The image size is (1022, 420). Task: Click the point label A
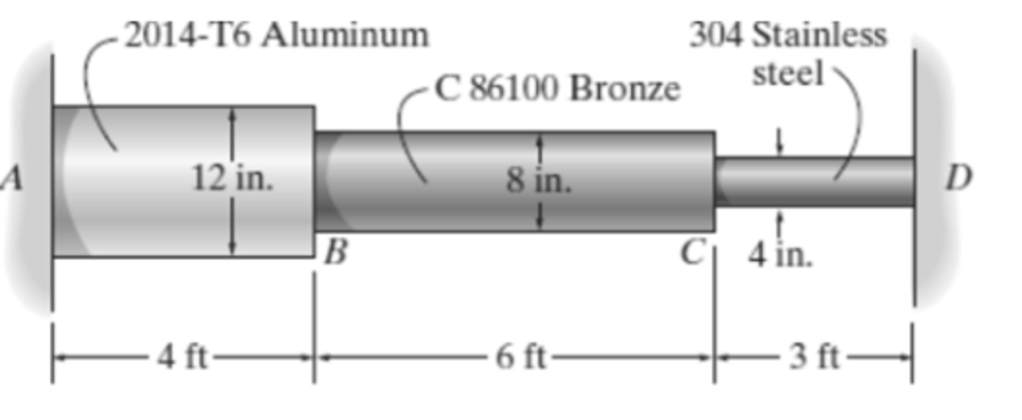coord(12,178)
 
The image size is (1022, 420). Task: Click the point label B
coord(336,251)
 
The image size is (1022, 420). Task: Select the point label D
coord(959,178)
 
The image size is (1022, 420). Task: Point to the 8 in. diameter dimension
coord(538,180)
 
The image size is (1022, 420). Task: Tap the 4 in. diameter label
coord(780,256)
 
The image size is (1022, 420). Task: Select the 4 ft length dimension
coord(182,358)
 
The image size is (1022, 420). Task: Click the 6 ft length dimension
coord(520,358)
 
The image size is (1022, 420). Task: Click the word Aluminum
coord(345,36)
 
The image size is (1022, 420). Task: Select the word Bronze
coord(625,89)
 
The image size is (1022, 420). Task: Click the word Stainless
coord(819,36)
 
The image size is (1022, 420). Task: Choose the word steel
coord(787,73)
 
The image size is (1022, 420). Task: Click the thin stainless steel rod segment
coord(814,182)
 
